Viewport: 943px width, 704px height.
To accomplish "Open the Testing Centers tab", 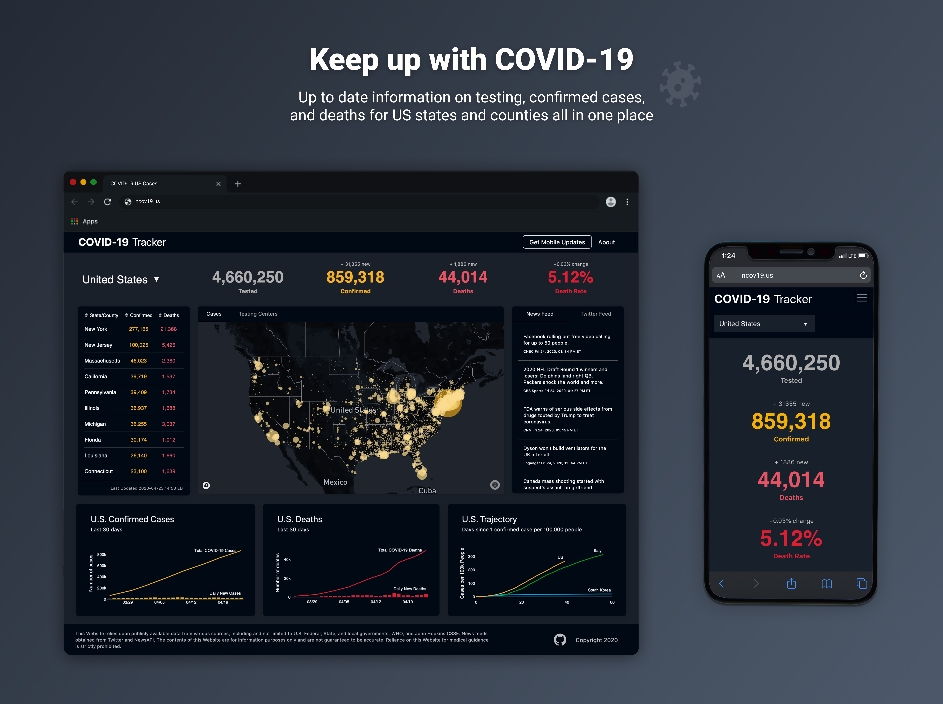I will (258, 314).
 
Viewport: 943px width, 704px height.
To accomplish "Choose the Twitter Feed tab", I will (595, 314).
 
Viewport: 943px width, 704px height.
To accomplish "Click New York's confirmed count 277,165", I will (139, 329).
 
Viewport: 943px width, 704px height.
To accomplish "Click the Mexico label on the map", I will (335, 482).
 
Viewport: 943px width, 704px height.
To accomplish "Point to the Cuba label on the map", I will (427, 491).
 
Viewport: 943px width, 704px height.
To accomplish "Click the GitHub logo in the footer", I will (559, 640).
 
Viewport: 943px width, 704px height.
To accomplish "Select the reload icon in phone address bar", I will (863, 275).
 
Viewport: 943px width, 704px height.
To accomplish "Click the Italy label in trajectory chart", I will (597, 551).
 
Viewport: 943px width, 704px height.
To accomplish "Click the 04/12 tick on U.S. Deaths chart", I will (375, 602).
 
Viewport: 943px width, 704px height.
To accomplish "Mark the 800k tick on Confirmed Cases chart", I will (101, 554).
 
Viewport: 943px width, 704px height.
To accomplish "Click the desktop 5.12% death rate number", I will (570, 277).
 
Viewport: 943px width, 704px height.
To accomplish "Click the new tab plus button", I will (238, 184).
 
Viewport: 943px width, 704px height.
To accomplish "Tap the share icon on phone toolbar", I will (791, 583).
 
